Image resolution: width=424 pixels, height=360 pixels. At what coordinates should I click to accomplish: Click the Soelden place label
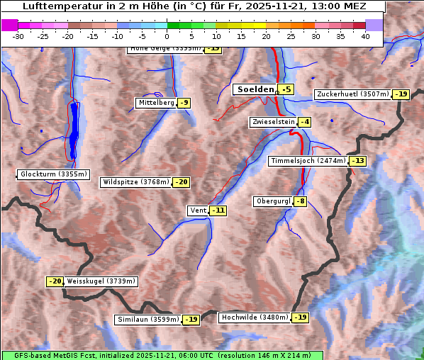(255, 89)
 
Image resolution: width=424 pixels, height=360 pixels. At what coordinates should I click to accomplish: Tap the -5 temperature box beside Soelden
(286, 89)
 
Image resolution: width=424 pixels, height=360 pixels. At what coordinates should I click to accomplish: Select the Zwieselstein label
(273, 122)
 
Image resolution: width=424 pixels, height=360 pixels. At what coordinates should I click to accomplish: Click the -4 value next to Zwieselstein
(305, 122)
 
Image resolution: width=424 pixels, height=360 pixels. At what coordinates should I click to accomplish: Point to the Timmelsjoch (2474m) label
(308, 161)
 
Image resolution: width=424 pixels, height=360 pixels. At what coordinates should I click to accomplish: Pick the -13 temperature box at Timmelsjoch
(358, 161)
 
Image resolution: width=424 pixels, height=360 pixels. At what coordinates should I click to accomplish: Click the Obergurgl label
(273, 201)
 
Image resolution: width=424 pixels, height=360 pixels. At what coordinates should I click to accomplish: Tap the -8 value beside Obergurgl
(301, 201)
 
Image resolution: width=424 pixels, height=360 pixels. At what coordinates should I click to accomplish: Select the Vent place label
(198, 210)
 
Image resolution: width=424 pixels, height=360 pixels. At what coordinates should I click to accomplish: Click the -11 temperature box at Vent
(218, 210)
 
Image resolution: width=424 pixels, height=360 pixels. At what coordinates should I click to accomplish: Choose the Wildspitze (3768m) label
(136, 182)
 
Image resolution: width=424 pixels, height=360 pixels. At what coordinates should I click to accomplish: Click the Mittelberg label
(156, 103)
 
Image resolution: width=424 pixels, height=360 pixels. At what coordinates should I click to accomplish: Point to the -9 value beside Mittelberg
(184, 103)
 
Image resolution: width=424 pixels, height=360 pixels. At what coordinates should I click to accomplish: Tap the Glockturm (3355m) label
(54, 174)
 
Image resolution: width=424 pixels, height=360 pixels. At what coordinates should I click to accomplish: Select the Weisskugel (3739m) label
(101, 281)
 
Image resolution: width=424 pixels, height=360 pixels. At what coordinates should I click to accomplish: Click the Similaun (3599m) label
(148, 320)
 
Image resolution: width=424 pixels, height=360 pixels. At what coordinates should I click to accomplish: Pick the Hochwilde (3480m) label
(255, 317)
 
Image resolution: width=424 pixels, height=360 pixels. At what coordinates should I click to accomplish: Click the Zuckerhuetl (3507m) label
(353, 94)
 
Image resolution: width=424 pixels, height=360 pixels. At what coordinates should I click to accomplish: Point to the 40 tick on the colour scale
(365, 36)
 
